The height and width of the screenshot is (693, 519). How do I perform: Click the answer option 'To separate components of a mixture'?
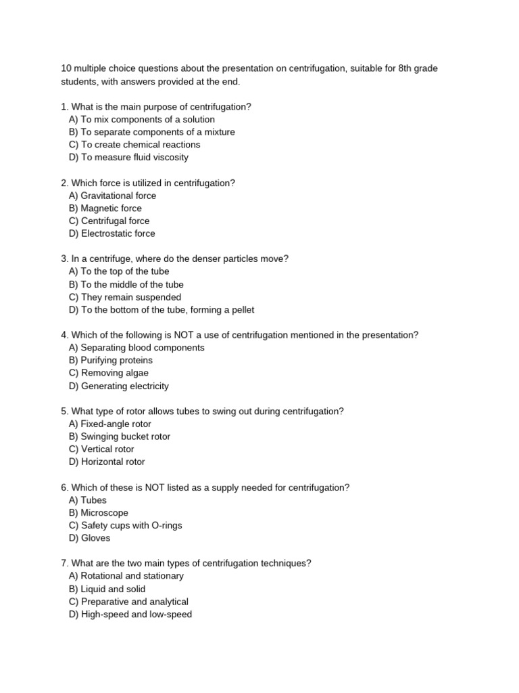click(x=152, y=132)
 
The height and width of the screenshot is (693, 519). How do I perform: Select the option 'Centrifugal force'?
click(x=109, y=221)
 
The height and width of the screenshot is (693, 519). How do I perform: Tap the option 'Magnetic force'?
click(x=105, y=208)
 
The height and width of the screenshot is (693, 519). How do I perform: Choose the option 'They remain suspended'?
click(x=125, y=297)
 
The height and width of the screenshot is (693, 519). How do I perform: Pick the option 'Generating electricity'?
click(x=119, y=386)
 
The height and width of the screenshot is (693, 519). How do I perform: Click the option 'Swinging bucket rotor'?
click(x=120, y=437)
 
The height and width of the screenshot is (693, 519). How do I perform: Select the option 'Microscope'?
click(x=98, y=513)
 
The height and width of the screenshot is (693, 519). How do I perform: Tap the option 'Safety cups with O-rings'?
click(x=125, y=525)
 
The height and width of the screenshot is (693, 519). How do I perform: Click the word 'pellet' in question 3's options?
click(x=241, y=310)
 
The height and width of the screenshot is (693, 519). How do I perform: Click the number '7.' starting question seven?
click(x=64, y=563)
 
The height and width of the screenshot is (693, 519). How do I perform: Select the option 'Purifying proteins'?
click(x=111, y=360)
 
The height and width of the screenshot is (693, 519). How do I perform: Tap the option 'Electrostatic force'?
click(x=112, y=233)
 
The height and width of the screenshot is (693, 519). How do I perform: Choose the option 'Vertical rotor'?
click(x=101, y=449)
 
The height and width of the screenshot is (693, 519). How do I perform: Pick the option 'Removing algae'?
click(x=109, y=373)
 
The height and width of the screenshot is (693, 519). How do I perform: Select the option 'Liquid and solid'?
click(x=107, y=589)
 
